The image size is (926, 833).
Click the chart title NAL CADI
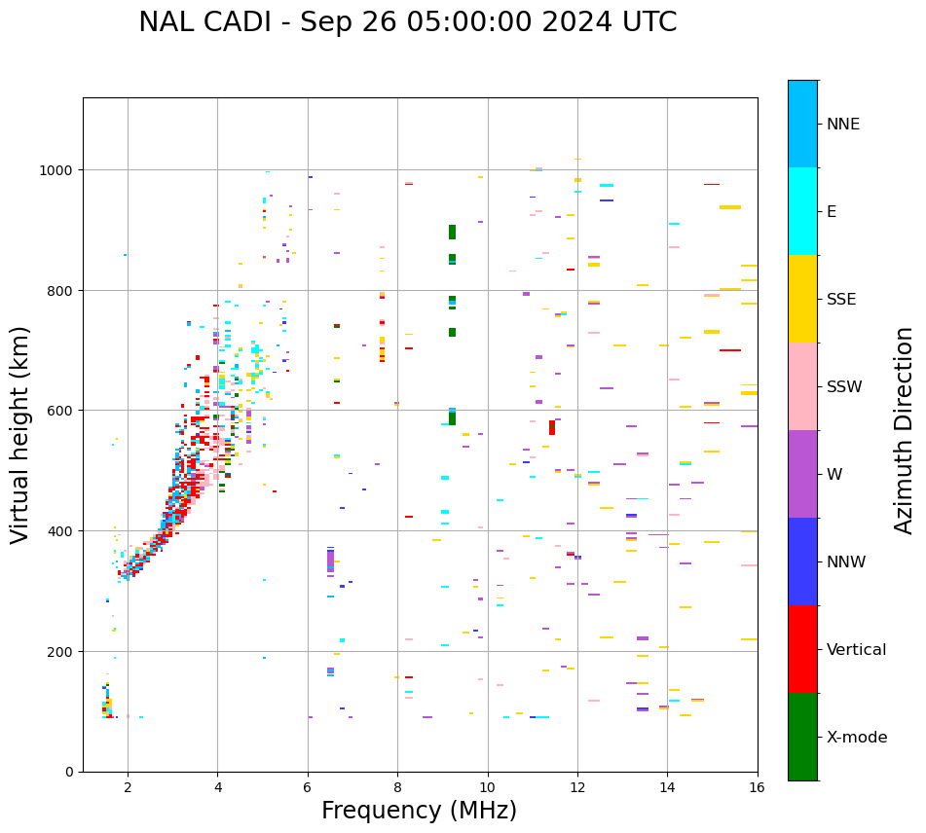[407, 22]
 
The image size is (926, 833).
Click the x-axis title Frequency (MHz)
[419, 811]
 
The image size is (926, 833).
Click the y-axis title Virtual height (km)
[20, 435]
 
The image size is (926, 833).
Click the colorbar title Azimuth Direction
[905, 430]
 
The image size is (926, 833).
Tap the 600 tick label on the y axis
[62, 411]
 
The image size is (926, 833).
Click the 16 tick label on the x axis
[757, 788]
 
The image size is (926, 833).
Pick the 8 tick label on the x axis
[397, 788]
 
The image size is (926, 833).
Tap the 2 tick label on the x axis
[128, 788]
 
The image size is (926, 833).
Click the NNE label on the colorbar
[843, 125]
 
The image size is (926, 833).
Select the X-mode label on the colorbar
[857, 738]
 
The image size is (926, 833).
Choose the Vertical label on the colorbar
[856, 650]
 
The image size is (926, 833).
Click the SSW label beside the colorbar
[844, 387]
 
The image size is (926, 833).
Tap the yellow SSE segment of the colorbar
[802, 299]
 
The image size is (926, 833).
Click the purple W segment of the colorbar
[802, 474]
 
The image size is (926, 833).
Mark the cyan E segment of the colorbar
[802, 211]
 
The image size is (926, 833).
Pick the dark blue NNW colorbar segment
[802, 561]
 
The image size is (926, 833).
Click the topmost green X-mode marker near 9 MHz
[452, 232]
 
